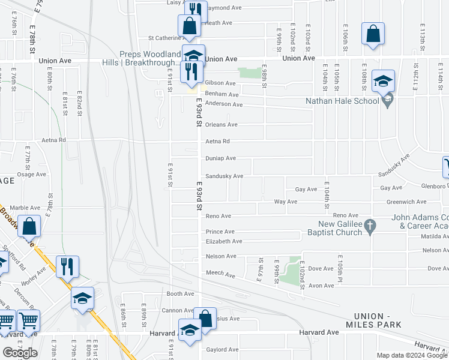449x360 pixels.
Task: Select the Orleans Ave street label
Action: (222, 125)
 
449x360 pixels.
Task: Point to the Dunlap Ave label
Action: (220, 158)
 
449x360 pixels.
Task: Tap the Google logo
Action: (20, 353)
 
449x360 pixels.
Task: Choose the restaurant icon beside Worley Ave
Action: (67, 265)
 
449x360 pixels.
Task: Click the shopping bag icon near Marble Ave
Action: (29, 227)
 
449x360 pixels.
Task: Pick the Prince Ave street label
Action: (220, 232)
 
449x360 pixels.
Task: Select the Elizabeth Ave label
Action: (224, 241)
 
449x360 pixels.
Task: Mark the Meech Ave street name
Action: (220, 274)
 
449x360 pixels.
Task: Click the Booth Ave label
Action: (181, 294)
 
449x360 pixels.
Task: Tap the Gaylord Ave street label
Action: (222, 350)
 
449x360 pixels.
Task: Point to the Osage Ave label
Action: (32, 175)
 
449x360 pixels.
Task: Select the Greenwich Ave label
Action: (406, 202)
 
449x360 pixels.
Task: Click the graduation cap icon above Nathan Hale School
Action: (383, 80)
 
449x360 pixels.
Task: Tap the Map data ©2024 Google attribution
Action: (412, 355)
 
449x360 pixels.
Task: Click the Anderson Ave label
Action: (224, 104)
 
